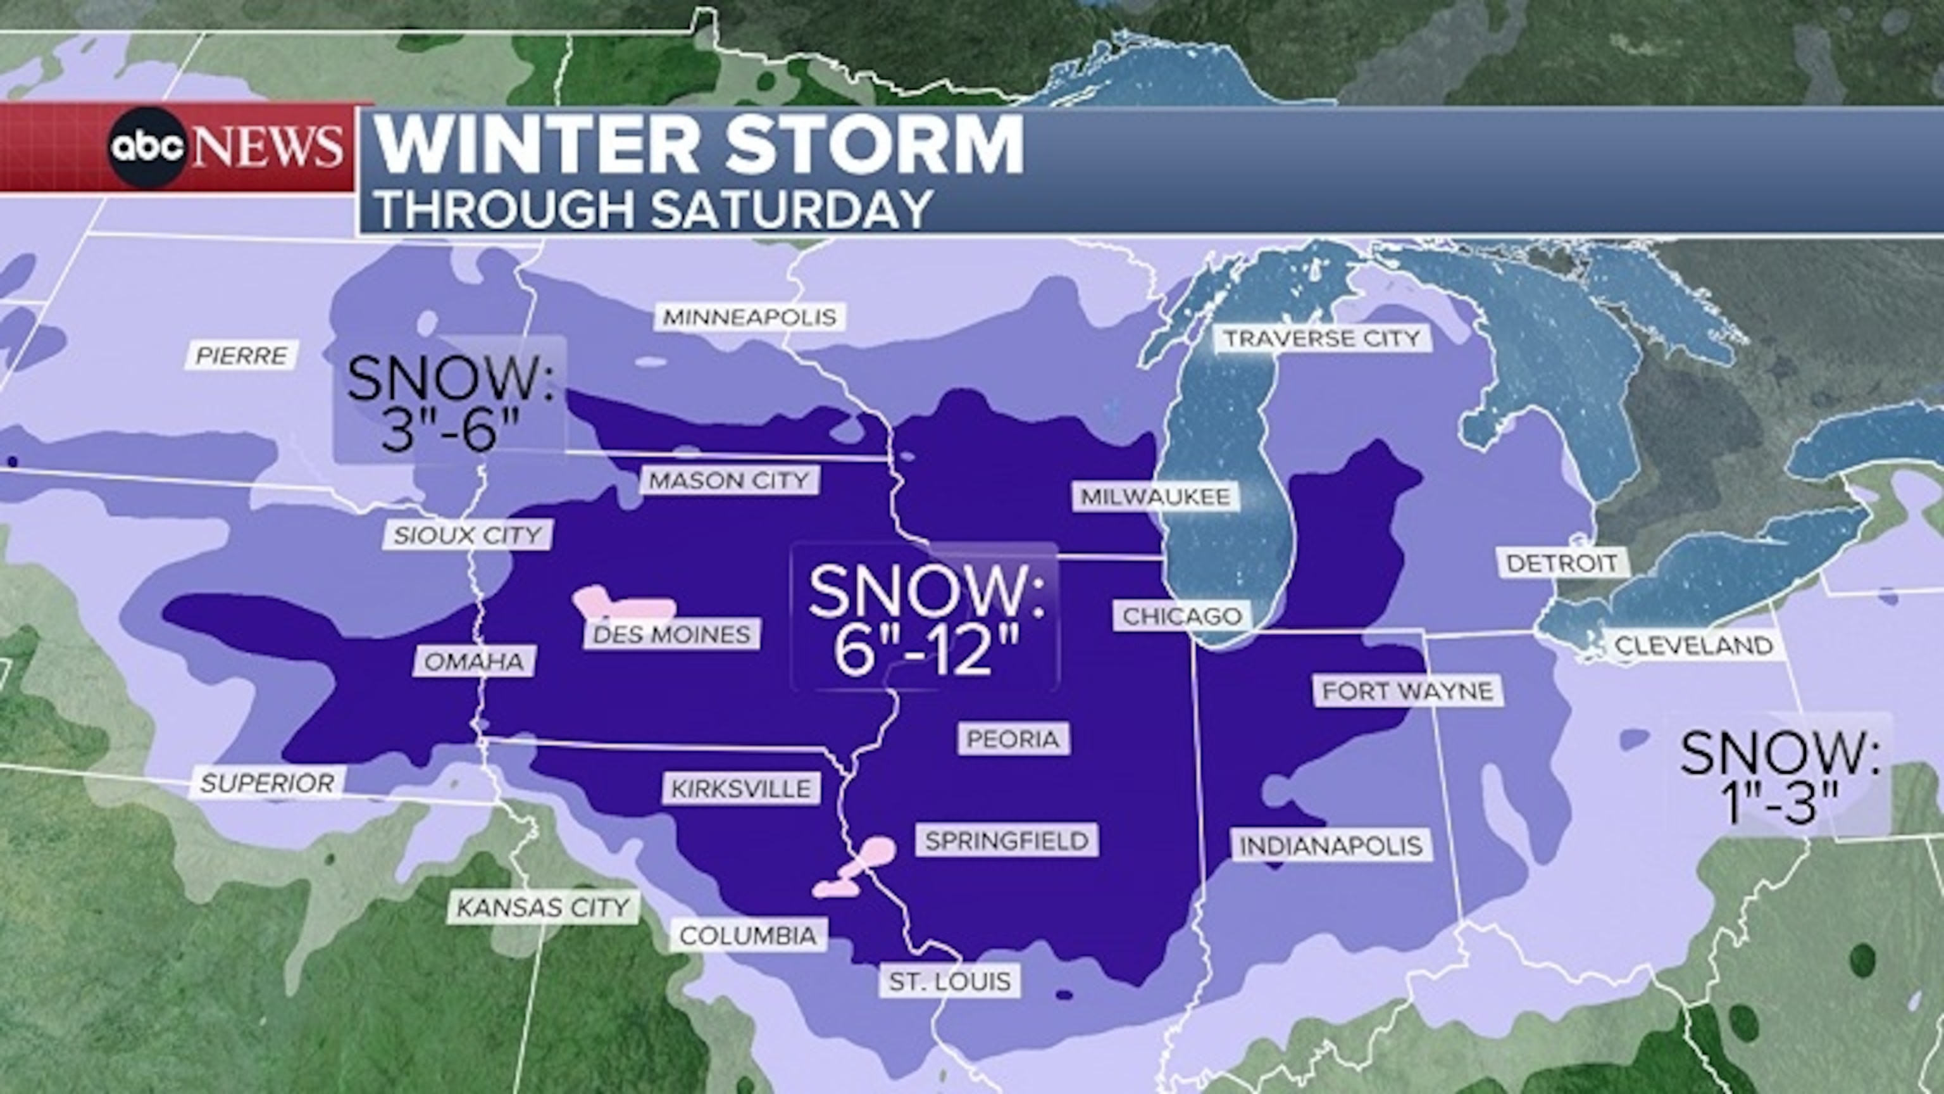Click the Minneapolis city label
click(749, 317)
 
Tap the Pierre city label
click(242, 355)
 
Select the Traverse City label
click(1321, 337)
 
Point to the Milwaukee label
click(1156, 496)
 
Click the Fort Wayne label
click(1407, 690)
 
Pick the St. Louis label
click(949, 981)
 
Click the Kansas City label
click(542, 907)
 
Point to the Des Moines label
click(671, 634)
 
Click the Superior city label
click(267, 783)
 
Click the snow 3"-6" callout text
click(451, 404)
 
